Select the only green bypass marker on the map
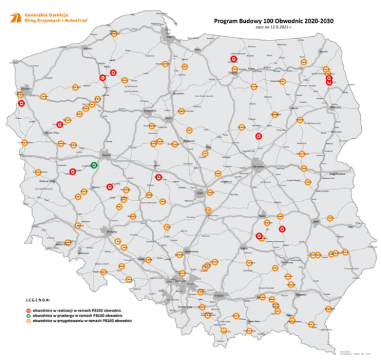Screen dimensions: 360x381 tap(94, 165)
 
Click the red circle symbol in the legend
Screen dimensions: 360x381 tap(28, 310)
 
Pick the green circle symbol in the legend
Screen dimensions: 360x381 tap(28, 316)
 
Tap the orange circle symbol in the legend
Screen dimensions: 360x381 tap(28, 321)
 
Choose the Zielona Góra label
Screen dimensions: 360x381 tap(48, 182)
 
